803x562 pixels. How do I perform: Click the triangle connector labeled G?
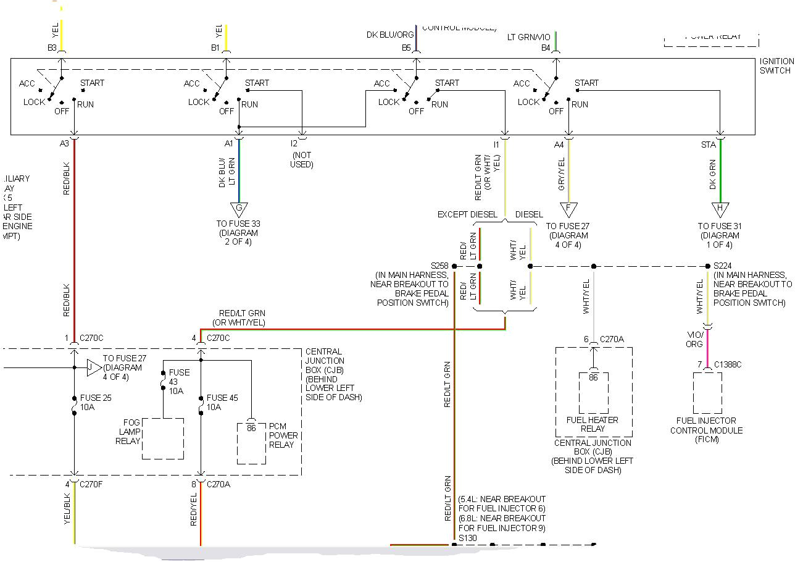(239, 209)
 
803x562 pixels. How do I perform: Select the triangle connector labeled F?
(568, 209)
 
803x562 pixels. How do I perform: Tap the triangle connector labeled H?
(720, 209)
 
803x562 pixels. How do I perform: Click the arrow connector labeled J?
(93, 367)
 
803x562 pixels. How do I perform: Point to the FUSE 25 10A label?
(96, 403)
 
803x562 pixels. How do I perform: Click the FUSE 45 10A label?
(222, 403)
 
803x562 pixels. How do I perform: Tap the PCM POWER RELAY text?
(283, 435)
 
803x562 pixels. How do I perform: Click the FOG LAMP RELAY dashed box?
(162, 438)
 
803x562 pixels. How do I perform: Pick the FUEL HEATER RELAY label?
(593, 424)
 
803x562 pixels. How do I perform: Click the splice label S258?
(440, 266)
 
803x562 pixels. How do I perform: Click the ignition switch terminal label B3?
(52, 48)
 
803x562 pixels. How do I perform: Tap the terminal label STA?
(708, 145)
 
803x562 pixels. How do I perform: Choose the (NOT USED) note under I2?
(301, 160)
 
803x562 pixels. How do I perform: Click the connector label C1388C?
(728, 364)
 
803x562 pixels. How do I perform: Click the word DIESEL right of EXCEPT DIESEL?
(529, 214)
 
